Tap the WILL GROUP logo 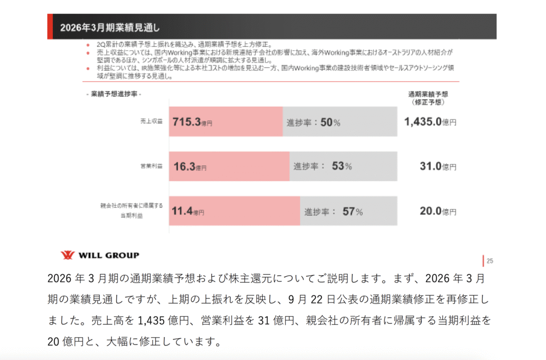pyautogui.click(x=100, y=255)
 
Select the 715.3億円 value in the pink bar pyautogui.click(x=192, y=122)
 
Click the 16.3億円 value pyautogui.click(x=190, y=166)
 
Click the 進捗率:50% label pyautogui.click(x=314, y=122)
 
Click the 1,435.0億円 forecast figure pyautogui.click(x=430, y=122)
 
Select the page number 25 pyautogui.click(x=489, y=261)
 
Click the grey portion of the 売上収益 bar pyautogui.click(x=368, y=122)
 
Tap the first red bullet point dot pyautogui.click(x=87, y=44)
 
